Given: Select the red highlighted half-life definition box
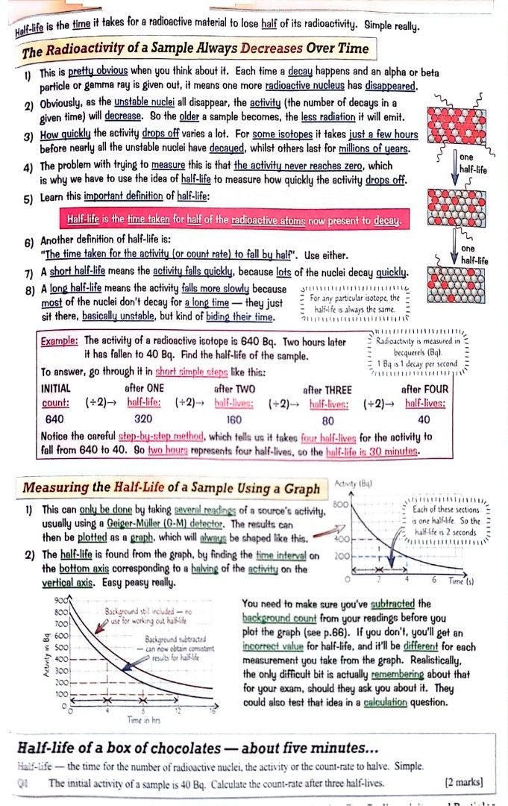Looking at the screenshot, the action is (233, 220).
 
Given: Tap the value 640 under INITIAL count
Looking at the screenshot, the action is (54, 419).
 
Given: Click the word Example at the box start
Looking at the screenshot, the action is (58, 342).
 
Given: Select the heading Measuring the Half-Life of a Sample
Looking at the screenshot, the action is (171, 488).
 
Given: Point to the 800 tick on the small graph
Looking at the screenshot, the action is (341, 505).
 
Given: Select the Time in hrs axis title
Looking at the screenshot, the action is (143, 719).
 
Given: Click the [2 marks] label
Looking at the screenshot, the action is (463, 783).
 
